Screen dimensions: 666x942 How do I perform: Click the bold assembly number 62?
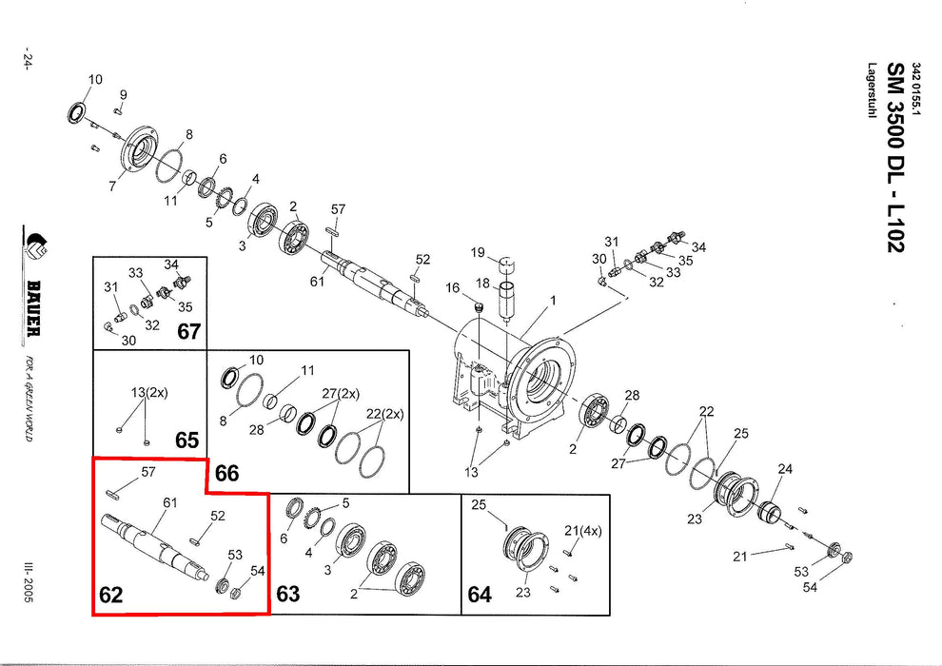click(x=111, y=596)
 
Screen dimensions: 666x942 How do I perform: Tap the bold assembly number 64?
click(x=480, y=596)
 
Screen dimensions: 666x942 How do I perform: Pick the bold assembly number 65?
click(x=187, y=441)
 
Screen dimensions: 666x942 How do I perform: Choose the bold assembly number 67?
click(x=189, y=331)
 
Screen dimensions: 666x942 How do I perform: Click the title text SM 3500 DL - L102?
click(x=895, y=158)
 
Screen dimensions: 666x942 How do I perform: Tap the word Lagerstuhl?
click(x=872, y=90)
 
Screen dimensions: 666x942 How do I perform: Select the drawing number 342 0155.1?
click(x=916, y=89)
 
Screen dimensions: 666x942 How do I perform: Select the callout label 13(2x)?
click(x=148, y=392)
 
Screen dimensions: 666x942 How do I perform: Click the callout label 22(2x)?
click(x=385, y=414)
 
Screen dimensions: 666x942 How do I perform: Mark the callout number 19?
click(x=478, y=252)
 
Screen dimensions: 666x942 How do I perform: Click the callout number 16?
click(x=453, y=288)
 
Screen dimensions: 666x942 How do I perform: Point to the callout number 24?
click(x=785, y=468)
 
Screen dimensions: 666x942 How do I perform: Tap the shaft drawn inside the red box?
click(x=162, y=546)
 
